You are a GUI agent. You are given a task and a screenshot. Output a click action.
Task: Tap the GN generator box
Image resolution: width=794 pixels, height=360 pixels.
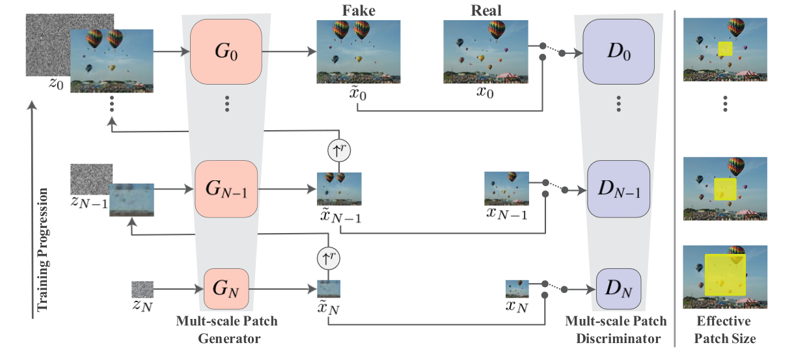point(225,288)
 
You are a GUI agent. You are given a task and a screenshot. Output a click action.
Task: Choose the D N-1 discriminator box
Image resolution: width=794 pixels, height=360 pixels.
point(619,189)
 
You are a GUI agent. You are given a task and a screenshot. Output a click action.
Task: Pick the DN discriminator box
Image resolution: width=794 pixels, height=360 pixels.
point(619,288)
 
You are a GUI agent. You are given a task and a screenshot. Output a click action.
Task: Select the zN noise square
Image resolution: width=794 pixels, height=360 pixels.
point(143,288)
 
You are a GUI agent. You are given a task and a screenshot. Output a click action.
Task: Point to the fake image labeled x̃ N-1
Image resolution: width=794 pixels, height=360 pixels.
point(339,188)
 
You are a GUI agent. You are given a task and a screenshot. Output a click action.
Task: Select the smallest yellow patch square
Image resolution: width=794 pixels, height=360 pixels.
point(725,49)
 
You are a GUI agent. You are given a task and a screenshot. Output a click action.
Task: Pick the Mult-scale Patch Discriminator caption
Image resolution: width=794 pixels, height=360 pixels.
point(616,330)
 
